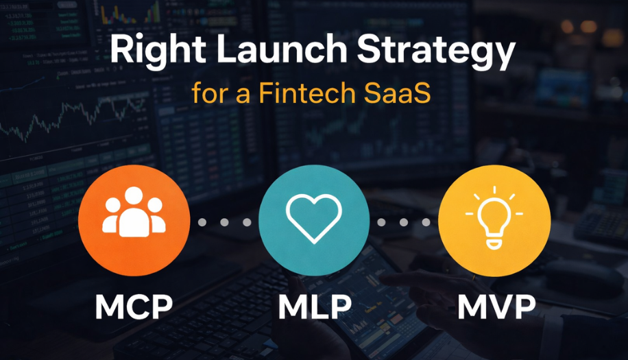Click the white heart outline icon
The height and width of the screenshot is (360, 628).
pyautogui.click(x=314, y=219)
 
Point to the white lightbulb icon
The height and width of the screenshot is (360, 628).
pyautogui.click(x=494, y=215)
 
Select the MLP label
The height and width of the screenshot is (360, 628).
pyautogui.click(x=314, y=308)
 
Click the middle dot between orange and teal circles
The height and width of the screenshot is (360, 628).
pyautogui.click(x=224, y=222)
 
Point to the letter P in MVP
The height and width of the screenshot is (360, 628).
pyautogui.click(x=525, y=308)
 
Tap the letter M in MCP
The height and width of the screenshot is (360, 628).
pyautogui.click(x=109, y=308)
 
